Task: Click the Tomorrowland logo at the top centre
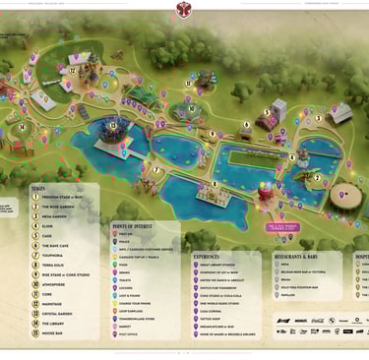click(x=184, y=11)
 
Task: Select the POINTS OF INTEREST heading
click(x=134, y=225)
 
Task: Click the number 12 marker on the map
click(x=72, y=70)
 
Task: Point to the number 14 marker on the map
click(x=22, y=126)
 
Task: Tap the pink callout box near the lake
click(x=280, y=226)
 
